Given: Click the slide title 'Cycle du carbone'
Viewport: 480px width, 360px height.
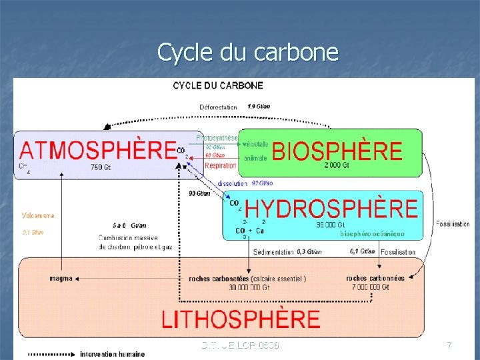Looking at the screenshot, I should coord(247,52).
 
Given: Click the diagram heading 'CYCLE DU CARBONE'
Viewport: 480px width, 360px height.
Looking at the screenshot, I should coord(218,85).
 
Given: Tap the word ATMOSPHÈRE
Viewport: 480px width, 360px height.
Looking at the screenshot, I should coord(97,149).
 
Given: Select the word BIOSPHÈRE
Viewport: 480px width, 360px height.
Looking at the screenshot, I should coord(337,151).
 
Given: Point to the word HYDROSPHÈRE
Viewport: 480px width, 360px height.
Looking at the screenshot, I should coord(331,209).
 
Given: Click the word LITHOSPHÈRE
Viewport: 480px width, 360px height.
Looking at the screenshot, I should coord(241,319).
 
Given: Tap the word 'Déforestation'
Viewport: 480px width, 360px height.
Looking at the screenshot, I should coord(218,107).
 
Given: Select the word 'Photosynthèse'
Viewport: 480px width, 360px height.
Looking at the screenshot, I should coord(217,138).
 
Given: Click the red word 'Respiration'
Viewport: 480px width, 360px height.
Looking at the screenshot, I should coord(221,165).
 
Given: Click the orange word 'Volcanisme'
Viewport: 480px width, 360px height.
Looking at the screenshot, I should coord(38,215).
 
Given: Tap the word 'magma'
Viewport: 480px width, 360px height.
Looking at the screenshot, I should coord(61,278).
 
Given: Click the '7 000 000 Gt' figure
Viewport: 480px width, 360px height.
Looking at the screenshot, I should coord(372,287).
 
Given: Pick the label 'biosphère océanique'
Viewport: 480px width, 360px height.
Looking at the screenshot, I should coord(372,234).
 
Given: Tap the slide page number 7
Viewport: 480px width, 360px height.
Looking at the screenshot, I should coord(449,345).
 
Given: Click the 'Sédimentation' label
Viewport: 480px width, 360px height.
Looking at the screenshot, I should coord(274,252).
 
